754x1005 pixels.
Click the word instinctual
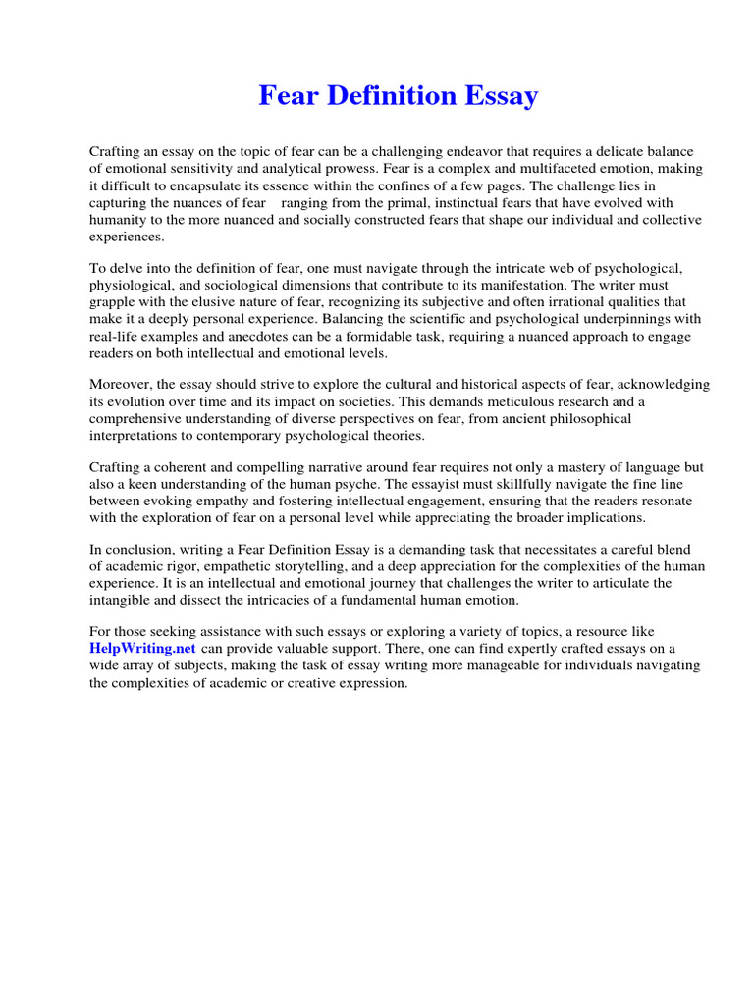(x=458, y=202)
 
